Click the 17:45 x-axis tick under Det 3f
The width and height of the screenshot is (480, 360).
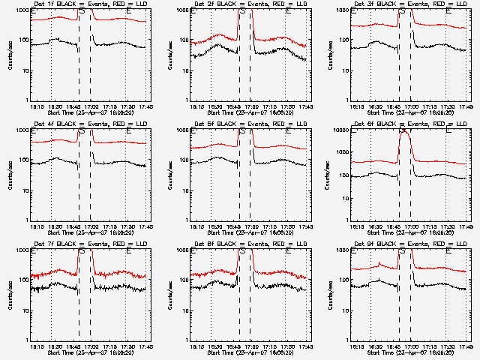tap(466, 107)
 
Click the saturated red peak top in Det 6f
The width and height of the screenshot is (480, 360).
tap(405, 132)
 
